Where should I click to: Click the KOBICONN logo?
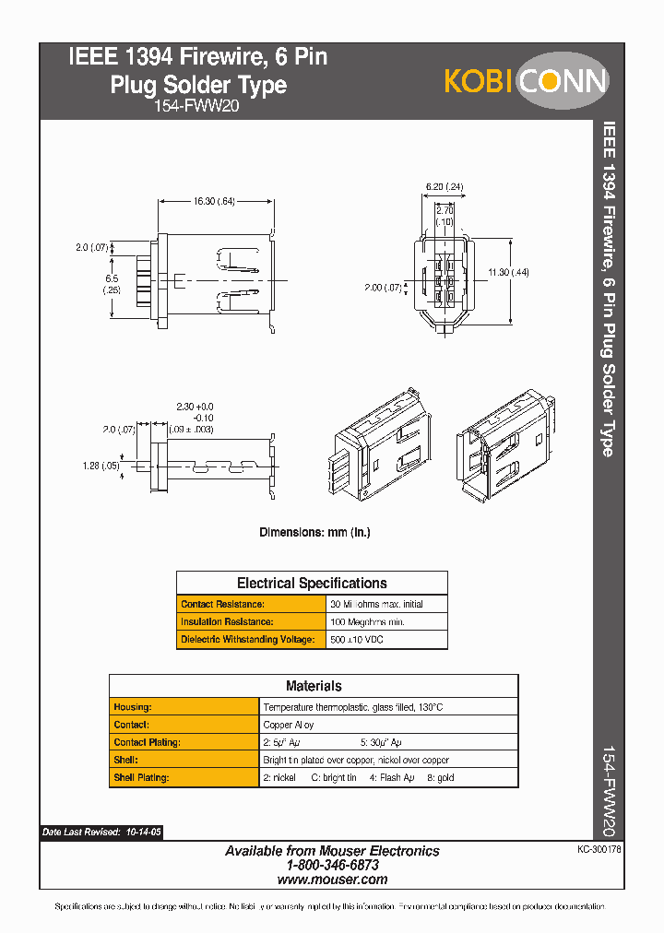(527, 81)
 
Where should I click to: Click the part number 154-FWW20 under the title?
(198, 107)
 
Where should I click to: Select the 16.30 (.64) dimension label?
(214, 201)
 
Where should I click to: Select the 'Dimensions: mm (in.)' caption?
(314, 532)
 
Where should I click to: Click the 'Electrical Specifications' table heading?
(312, 583)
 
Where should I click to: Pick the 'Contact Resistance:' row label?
(223, 604)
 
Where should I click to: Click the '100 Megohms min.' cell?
(367, 622)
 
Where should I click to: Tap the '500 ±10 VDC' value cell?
(358, 640)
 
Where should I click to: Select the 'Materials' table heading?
(314, 686)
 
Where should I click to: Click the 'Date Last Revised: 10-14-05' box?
(101, 833)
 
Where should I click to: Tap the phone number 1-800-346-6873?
(332, 866)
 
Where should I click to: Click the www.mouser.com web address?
(332, 880)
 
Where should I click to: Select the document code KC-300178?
(598, 847)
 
